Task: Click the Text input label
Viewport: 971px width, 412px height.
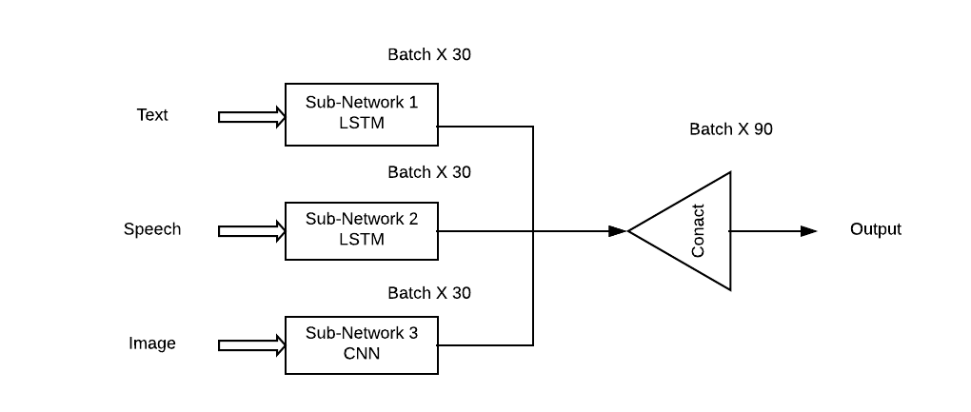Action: coord(152,115)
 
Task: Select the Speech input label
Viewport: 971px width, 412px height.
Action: coord(152,229)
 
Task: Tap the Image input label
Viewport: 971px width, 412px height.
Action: coord(152,343)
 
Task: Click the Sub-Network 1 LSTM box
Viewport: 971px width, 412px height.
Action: coord(362,114)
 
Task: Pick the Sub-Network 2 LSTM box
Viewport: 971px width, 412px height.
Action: coord(362,230)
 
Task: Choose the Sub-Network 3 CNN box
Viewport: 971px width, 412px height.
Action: coord(362,344)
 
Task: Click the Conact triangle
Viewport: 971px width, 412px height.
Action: coord(690,231)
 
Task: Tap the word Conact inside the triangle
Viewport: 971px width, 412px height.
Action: coord(698,231)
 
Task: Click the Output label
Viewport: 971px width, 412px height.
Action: coord(875,229)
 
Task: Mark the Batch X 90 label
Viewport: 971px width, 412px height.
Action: coord(731,129)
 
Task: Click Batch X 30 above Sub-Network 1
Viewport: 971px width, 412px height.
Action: coord(429,55)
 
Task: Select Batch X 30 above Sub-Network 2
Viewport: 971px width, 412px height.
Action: coord(429,172)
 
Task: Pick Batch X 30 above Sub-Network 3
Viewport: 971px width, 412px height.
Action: coord(429,293)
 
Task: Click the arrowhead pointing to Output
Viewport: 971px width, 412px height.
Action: coord(808,231)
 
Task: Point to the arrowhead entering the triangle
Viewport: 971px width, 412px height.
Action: coord(617,231)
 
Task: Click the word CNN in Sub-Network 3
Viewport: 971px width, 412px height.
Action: coord(362,354)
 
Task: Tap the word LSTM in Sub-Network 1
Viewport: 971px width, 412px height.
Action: coord(362,124)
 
